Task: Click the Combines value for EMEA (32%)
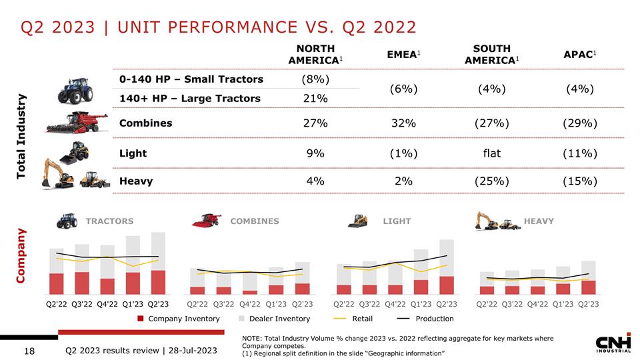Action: click(404, 123)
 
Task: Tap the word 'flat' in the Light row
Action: click(491, 153)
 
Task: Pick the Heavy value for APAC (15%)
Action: click(578, 181)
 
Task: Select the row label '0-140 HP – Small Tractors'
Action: click(191, 79)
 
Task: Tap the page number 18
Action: click(29, 351)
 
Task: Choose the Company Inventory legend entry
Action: click(178, 319)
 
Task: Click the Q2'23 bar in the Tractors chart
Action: click(158, 263)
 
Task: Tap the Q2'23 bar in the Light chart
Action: click(447, 267)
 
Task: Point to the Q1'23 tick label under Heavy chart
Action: click(563, 305)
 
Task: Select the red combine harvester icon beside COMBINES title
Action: click(207, 221)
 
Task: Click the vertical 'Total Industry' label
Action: click(22, 136)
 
